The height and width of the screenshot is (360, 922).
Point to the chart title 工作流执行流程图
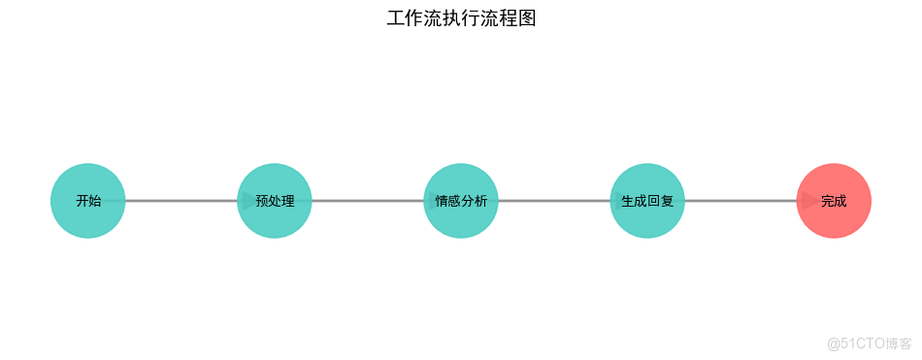(461, 18)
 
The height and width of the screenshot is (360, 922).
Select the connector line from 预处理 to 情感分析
(368, 201)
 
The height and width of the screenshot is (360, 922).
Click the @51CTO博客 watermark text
(869, 344)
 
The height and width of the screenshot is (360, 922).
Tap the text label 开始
(88, 202)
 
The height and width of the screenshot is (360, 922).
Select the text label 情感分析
(461, 202)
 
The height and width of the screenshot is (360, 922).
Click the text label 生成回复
(647, 202)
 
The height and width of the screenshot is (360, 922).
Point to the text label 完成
(834, 202)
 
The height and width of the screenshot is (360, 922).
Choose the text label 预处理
(275, 202)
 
